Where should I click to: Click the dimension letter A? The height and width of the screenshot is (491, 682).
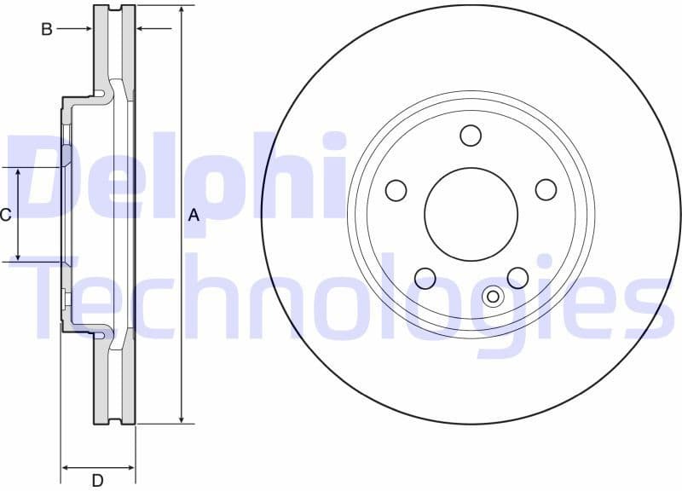click(194, 216)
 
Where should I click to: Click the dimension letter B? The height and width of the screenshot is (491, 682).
click(47, 29)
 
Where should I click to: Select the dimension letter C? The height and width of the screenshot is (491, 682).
click(5, 215)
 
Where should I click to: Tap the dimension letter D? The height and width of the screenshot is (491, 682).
click(97, 481)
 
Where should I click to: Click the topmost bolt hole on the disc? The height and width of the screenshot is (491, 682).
click(471, 136)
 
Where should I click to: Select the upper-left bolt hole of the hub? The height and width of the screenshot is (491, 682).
click(396, 190)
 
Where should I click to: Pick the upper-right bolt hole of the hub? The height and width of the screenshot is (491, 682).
click(546, 190)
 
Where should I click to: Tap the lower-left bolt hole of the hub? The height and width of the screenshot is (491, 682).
click(425, 278)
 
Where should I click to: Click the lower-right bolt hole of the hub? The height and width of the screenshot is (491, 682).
click(517, 278)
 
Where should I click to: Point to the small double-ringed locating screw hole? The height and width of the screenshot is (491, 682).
click(493, 296)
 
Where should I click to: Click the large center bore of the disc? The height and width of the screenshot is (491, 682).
click(471, 214)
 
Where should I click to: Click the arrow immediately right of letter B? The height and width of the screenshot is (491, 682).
click(86, 29)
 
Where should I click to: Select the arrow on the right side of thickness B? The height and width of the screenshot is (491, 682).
click(142, 29)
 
